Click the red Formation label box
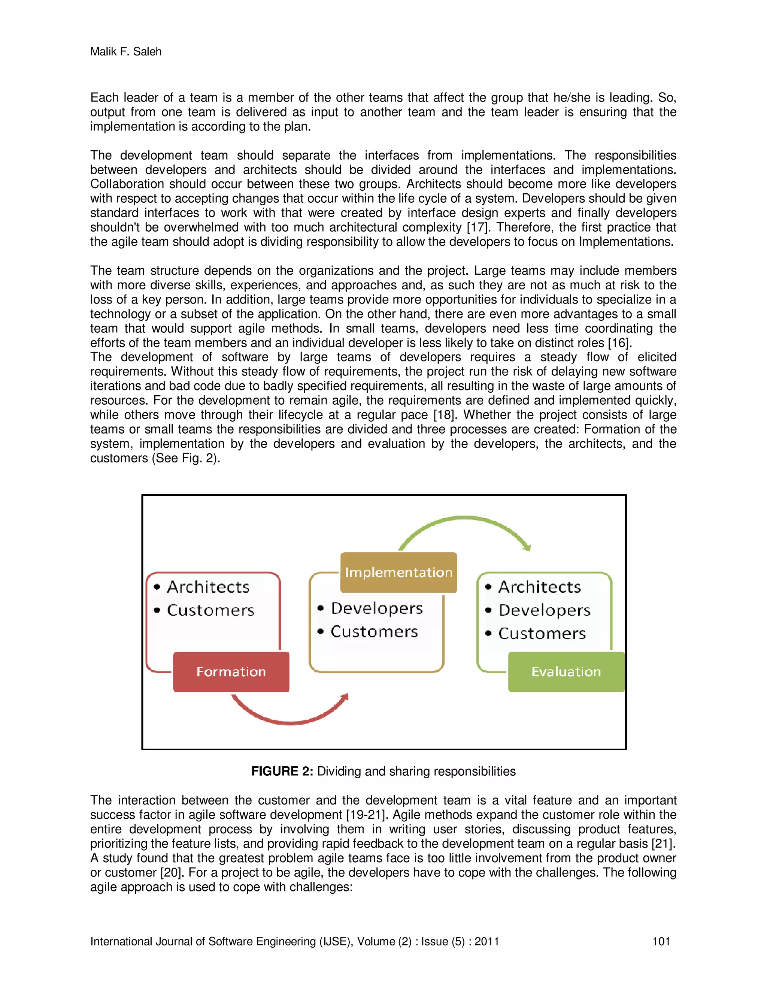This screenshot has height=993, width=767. pos(231,671)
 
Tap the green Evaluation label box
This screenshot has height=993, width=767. pos(566,671)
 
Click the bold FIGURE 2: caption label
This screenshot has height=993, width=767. pos(282,771)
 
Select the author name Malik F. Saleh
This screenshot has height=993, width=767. pos(126,51)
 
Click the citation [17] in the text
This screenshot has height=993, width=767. pos(479,227)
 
